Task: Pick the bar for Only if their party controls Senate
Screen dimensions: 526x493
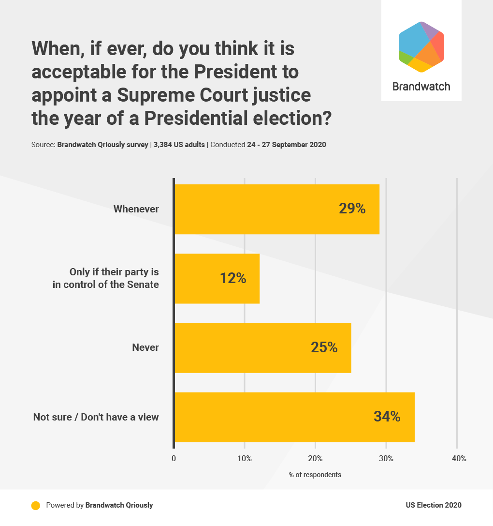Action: point(217,278)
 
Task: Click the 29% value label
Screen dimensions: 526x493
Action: point(352,209)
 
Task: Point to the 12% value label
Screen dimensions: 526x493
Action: point(233,278)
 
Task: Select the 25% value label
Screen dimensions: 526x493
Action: point(324,347)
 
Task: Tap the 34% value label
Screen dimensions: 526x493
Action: point(387,417)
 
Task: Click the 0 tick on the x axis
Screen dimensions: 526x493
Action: point(174,458)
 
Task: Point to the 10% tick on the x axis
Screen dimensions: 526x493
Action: point(245,458)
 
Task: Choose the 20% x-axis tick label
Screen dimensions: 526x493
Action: point(315,458)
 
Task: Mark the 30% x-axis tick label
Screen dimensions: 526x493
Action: point(386,458)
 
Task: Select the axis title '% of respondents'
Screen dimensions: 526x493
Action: point(315,475)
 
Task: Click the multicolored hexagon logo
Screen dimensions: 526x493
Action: point(421,47)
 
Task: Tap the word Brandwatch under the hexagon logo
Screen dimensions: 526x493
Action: point(421,87)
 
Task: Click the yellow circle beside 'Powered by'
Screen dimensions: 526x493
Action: point(35,505)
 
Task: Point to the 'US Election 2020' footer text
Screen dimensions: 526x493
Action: point(434,505)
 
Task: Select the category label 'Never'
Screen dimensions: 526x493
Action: point(145,347)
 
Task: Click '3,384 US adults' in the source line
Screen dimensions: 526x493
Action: point(179,145)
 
